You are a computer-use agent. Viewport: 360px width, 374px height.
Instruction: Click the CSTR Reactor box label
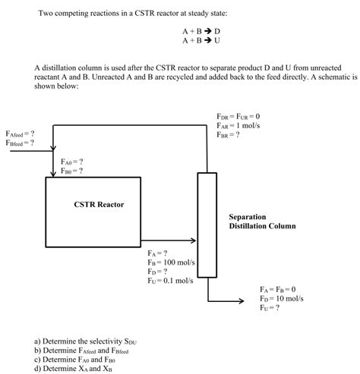click(x=99, y=204)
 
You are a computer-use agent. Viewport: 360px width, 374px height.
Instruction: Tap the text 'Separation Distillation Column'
click(x=262, y=221)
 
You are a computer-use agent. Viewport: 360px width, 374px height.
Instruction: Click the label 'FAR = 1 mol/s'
click(x=239, y=125)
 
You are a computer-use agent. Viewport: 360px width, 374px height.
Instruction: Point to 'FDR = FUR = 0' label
click(x=238, y=116)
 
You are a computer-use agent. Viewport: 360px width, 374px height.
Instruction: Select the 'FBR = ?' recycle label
click(x=229, y=134)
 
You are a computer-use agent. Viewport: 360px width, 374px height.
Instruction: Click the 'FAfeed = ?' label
click(x=20, y=134)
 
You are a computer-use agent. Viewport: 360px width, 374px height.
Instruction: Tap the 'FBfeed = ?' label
click(x=20, y=143)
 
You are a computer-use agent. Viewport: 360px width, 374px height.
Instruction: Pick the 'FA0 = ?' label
click(x=72, y=162)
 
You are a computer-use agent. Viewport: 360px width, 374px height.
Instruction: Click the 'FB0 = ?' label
click(x=72, y=171)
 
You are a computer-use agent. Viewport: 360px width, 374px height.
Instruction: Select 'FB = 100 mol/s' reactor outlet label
click(x=172, y=262)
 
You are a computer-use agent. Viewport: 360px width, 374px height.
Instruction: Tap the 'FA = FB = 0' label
click(x=277, y=290)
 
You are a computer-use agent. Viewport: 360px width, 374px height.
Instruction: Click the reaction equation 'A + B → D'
click(x=201, y=31)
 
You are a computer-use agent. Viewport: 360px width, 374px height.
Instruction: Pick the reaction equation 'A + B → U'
click(x=201, y=40)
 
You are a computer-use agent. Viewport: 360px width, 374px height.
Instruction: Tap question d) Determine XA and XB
click(x=80, y=369)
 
